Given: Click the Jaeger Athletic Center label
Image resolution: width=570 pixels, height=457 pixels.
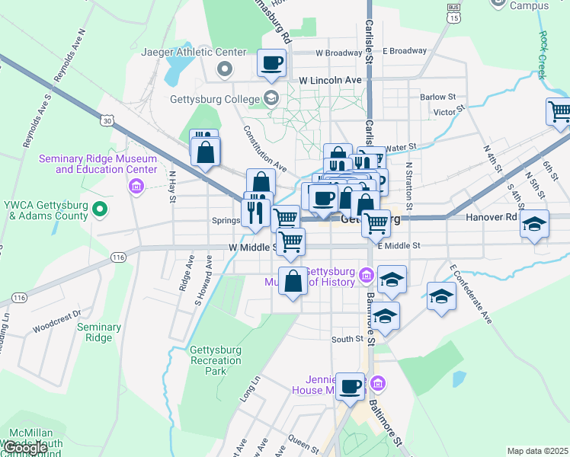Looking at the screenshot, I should tap(194, 53).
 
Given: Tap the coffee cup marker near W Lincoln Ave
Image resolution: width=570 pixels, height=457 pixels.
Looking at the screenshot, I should tap(272, 63).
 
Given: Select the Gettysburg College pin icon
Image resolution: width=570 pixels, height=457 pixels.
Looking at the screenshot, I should tap(271, 97).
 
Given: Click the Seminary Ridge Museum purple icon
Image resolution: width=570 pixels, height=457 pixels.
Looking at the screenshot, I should tap(137, 186).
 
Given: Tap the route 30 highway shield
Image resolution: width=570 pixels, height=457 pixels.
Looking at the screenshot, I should tap(107, 120).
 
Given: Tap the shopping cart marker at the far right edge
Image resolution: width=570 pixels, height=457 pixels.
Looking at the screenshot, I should tap(559, 112).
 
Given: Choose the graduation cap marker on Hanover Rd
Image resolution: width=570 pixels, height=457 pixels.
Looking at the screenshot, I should tap(534, 225).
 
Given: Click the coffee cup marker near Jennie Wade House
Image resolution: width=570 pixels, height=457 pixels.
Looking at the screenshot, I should tap(350, 386).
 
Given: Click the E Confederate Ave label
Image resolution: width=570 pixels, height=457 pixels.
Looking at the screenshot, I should tap(471, 293).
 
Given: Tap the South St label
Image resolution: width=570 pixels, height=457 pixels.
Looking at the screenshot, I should tap(347, 339).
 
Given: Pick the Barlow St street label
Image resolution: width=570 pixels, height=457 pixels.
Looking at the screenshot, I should tap(438, 97).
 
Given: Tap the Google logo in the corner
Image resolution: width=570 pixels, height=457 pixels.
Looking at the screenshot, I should tap(24, 448).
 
